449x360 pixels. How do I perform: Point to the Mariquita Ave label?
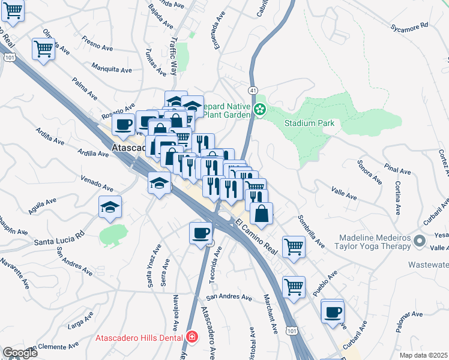tap(112, 69)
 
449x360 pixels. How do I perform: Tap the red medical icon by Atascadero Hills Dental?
tap(191, 338)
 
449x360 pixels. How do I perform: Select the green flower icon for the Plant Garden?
tap(260, 109)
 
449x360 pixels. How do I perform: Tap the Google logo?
tap(20, 353)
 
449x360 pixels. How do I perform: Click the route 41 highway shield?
tap(254, 90)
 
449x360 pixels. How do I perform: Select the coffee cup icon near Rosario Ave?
tap(123, 124)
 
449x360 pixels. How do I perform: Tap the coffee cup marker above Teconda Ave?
tap(200, 233)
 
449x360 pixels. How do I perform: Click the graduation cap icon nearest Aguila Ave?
tap(110, 207)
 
